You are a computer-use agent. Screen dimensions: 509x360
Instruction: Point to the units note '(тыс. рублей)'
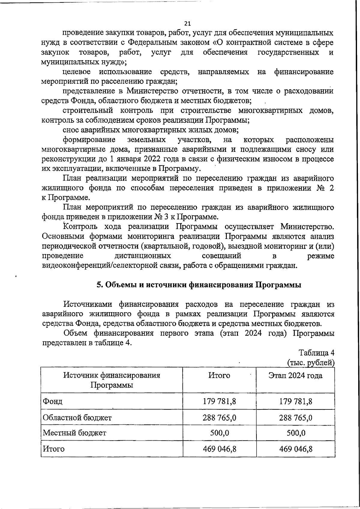(311, 362)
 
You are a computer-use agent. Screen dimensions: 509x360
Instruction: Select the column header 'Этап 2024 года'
(295, 376)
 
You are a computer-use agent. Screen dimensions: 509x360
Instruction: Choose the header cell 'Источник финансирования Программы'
(112, 380)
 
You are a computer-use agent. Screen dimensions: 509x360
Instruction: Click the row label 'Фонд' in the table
(53, 401)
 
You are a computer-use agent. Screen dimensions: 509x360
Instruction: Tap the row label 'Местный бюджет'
(74, 433)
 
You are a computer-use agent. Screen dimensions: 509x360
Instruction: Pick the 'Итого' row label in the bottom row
(54, 449)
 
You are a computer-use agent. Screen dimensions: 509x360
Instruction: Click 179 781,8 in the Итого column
(220, 401)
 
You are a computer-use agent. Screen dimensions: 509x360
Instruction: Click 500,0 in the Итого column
(220, 433)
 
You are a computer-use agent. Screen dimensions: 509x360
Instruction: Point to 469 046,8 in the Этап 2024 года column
(295, 449)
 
